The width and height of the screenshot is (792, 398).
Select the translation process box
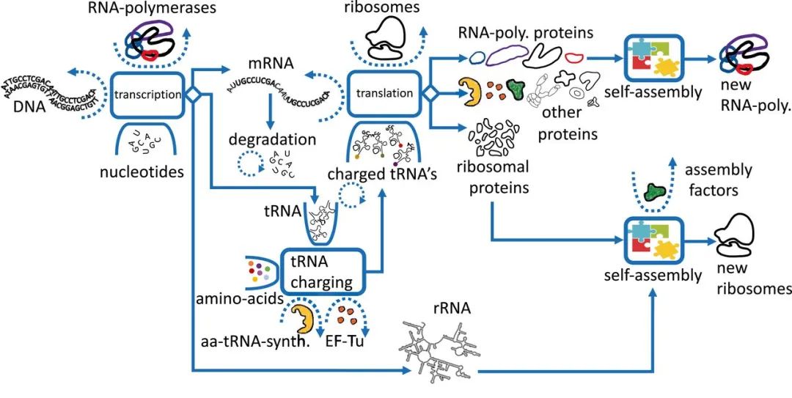pyautogui.click(x=384, y=94)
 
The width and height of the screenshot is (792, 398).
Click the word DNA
pyautogui.click(x=29, y=107)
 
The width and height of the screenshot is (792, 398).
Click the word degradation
pyautogui.click(x=272, y=139)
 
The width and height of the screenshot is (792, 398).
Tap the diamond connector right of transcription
pyautogui.click(x=193, y=94)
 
